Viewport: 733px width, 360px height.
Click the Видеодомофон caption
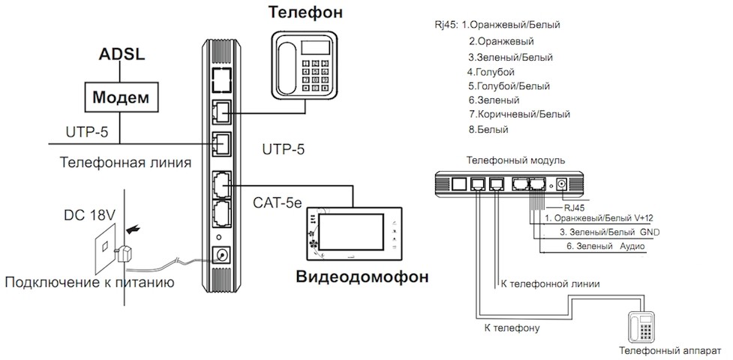(x=363, y=276)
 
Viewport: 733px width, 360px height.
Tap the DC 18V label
(x=89, y=216)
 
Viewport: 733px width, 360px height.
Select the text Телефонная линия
(x=125, y=162)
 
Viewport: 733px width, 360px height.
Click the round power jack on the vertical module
(x=221, y=256)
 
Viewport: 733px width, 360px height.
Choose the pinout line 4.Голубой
(x=491, y=71)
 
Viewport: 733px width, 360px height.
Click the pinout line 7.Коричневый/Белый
(x=518, y=114)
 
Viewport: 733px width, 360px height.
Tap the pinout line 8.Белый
(x=488, y=129)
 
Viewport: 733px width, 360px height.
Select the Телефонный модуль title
(x=510, y=160)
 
